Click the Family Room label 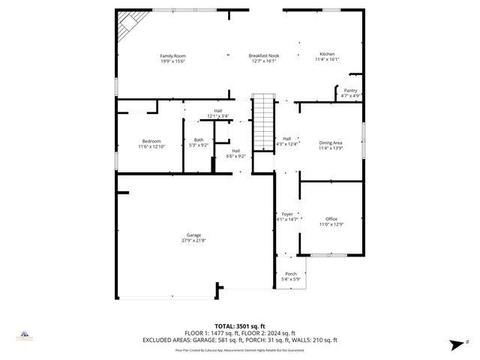click(172, 55)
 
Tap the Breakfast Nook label click(264, 55)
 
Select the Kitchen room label click(328, 54)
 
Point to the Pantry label click(351, 91)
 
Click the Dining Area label click(331, 142)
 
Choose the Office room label click(331, 219)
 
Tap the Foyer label click(287, 214)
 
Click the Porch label click(290, 274)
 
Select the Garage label click(193, 235)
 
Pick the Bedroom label click(151, 141)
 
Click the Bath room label click(199, 139)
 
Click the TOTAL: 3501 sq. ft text click(240, 326)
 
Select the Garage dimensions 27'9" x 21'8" click(193, 241)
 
